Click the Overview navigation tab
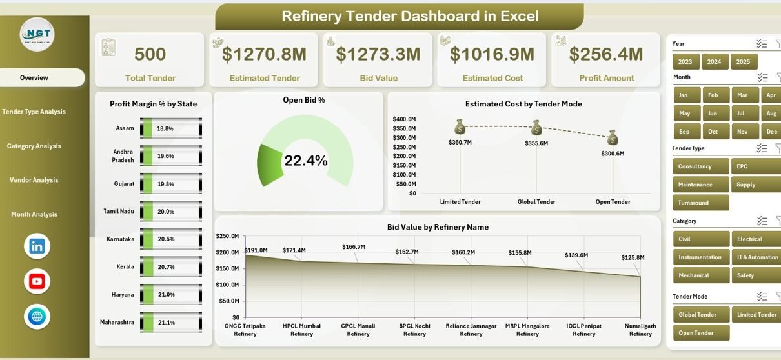(34, 78)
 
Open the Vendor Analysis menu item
(34, 180)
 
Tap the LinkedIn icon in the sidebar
(37, 246)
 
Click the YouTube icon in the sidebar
(37, 281)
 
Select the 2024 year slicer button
(714, 62)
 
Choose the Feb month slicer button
(713, 95)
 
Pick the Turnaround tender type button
(700, 203)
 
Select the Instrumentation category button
(700, 257)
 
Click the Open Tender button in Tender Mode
(700, 333)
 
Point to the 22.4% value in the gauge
(305, 161)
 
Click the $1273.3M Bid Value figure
(378, 54)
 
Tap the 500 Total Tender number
(150, 54)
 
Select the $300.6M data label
(612, 154)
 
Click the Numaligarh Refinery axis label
(640, 330)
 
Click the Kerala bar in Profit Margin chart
(147, 266)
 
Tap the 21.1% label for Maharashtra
(165, 323)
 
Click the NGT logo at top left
(37, 34)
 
